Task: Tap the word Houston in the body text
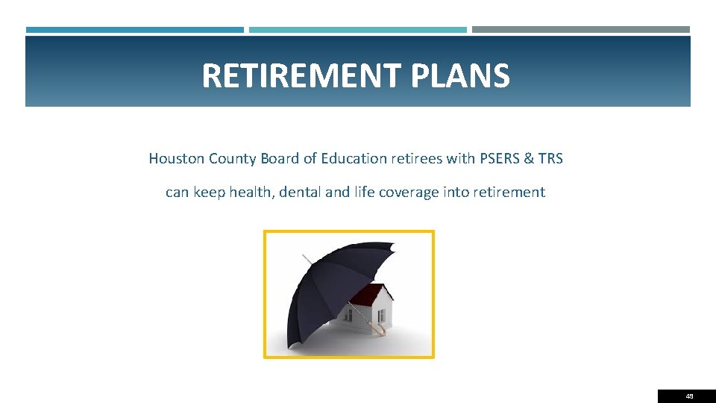pyautogui.click(x=176, y=158)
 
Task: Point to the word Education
pyautogui.click(x=353, y=158)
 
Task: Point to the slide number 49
pyautogui.click(x=689, y=396)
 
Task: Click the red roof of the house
pyautogui.click(x=369, y=294)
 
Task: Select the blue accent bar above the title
pyautogui.click(x=134, y=30)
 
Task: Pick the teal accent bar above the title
pyautogui.click(x=357, y=30)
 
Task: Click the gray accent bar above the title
pyautogui.click(x=580, y=30)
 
